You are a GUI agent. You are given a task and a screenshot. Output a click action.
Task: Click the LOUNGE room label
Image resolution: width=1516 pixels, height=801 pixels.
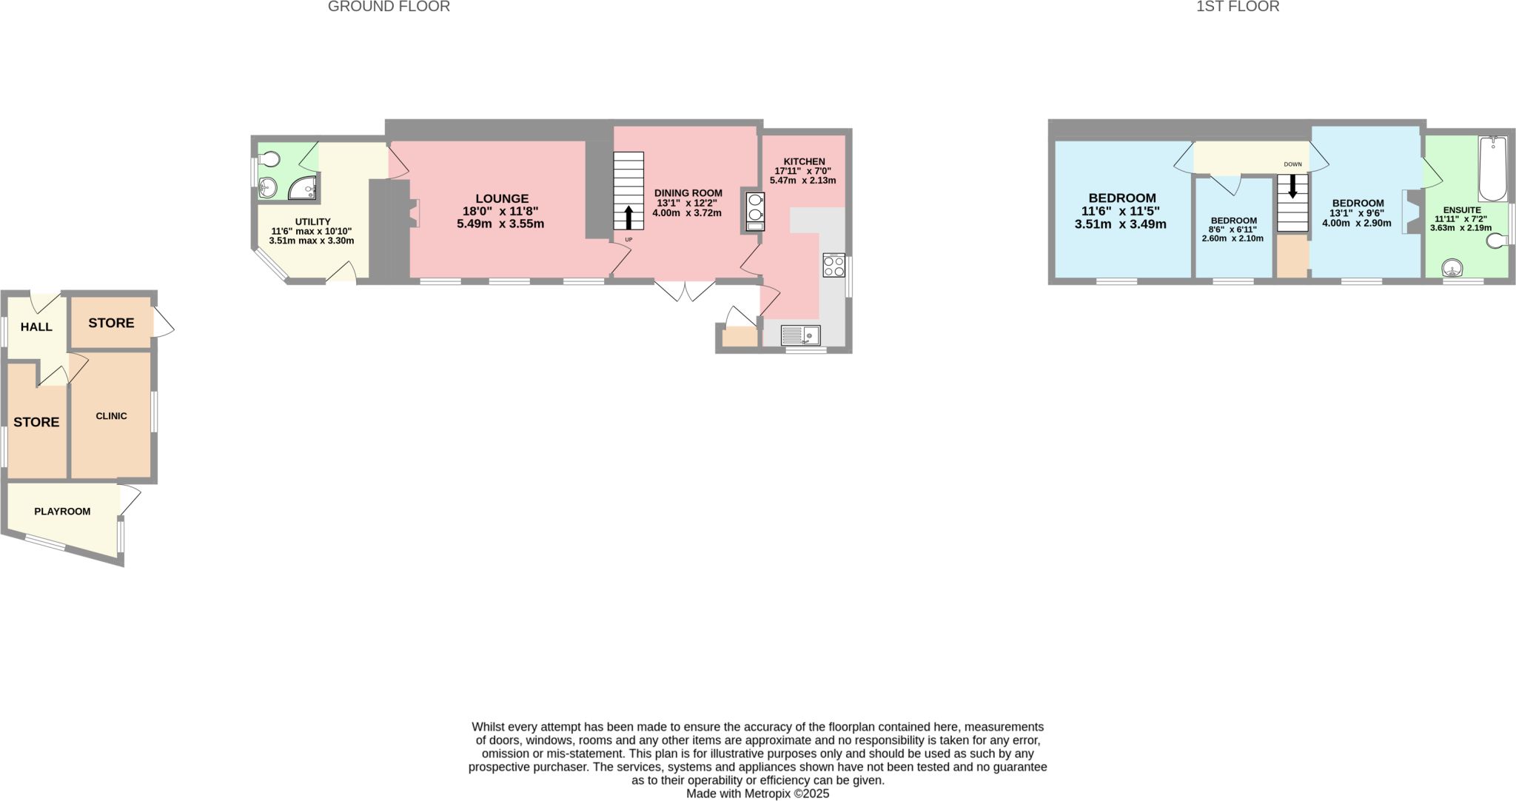502,198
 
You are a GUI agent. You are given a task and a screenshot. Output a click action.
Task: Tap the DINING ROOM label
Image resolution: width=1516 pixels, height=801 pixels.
688,193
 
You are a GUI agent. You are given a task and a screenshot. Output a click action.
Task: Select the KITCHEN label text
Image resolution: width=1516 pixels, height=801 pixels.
804,161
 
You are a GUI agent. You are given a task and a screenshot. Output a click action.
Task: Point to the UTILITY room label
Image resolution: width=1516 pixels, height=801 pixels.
312,222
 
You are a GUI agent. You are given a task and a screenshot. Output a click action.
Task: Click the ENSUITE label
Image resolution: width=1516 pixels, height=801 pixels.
1462,210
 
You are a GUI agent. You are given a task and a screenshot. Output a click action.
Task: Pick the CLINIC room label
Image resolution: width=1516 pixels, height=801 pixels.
111,416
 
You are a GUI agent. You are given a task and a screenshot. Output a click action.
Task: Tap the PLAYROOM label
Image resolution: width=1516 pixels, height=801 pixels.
62,512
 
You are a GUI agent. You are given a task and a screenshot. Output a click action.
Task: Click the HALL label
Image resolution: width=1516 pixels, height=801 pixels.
36,327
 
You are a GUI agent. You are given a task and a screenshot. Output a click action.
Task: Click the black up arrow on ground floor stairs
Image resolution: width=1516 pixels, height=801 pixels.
628,218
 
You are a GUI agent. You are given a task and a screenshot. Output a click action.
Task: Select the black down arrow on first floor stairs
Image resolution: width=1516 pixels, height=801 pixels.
1292,187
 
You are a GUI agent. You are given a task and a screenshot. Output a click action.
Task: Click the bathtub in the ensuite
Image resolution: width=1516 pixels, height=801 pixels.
1493,169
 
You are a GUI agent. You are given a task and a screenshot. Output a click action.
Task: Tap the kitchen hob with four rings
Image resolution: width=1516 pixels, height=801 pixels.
834,265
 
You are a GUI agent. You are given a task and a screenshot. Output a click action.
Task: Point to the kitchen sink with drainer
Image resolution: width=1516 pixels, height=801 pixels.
800,335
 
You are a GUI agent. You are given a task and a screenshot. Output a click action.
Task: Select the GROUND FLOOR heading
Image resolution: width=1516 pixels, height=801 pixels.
389,7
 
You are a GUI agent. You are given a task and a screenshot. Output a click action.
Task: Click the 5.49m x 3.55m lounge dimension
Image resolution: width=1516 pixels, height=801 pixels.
501,224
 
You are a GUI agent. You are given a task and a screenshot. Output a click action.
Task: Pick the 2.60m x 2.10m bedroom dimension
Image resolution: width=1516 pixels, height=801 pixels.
1232,238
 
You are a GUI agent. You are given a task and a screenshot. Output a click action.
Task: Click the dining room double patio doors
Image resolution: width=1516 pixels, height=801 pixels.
685,291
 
